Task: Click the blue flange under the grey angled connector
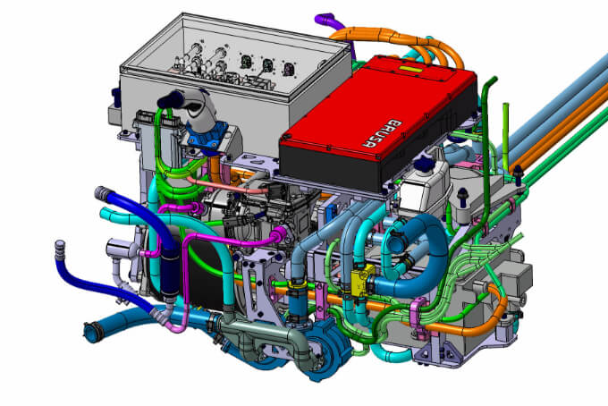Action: tap(207, 135)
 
